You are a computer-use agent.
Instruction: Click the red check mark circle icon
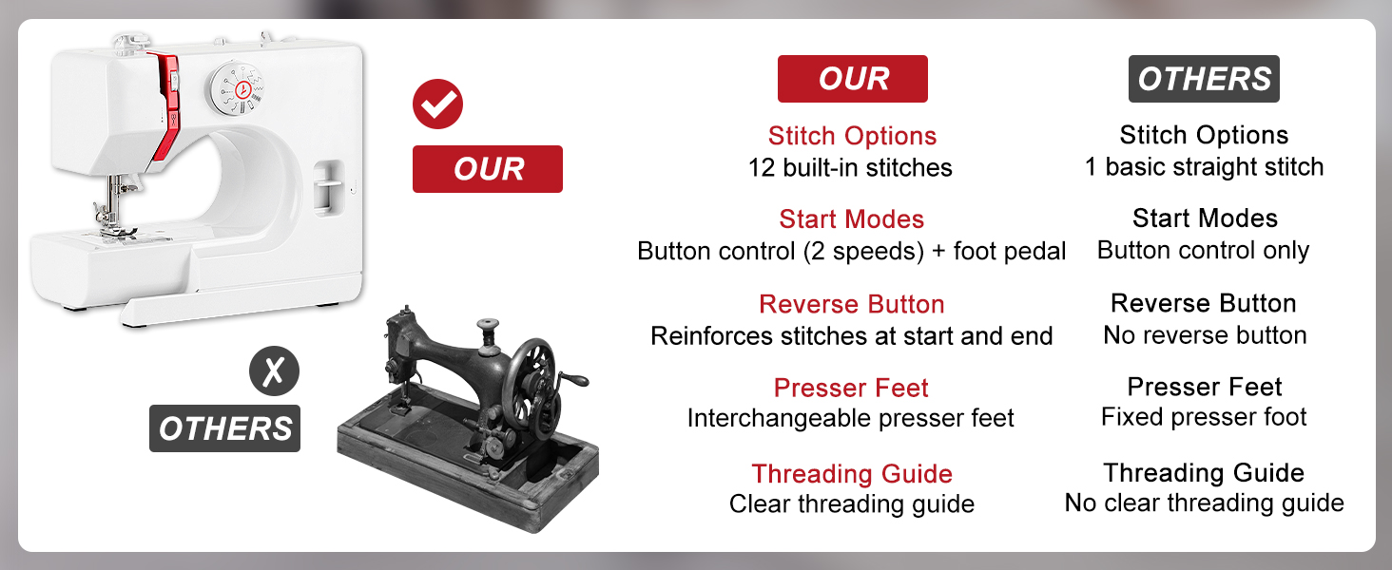(x=437, y=104)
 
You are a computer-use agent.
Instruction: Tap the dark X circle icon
(x=274, y=371)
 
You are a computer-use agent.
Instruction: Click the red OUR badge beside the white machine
(x=488, y=169)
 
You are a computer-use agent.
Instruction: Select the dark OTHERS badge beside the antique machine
(x=224, y=428)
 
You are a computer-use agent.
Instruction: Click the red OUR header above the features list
(x=852, y=79)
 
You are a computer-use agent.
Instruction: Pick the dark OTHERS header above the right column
(x=1204, y=79)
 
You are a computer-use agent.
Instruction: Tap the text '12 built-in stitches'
(x=850, y=168)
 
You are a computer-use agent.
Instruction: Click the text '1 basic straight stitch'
(x=1204, y=167)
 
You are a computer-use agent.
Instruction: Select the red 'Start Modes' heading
(x=851, y=219)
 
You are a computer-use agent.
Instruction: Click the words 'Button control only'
(x=1203, y=251)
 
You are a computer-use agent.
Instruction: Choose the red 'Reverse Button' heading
(x=851, y=304)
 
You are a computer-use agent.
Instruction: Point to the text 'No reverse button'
(x=1204, y=335)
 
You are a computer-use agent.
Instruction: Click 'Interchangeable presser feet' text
(x=851, y=419)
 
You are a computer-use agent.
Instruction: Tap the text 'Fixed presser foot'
(x=1204, y=417)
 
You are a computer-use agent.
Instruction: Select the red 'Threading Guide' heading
(x=851, y=473)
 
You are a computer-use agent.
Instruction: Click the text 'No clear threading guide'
(x=1204, y=503)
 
